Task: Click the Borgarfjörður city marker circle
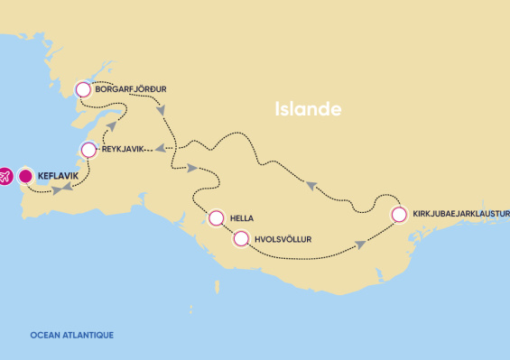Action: click(83, 89)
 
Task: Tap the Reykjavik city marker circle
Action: click(88, 149)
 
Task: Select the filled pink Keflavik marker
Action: click(26, 176)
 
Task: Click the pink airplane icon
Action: click(4, 177)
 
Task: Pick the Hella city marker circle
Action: click(216, 217)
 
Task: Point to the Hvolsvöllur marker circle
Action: click(240, 239)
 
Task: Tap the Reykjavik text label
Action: click(124, 149)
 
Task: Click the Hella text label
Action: click(242, 217)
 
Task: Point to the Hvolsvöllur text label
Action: click(283, 239)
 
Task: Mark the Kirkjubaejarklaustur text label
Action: click(460, 215)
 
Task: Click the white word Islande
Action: click(308, 110)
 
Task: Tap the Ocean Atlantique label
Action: click(71, 335)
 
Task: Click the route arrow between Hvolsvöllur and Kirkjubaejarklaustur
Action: click(360, 244)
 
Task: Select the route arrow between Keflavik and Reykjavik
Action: click(59, 190)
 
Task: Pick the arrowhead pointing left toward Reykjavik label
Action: click(159, 149)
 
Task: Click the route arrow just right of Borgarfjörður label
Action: click(162, 112)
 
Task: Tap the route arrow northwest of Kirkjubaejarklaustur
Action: click(311, 185)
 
